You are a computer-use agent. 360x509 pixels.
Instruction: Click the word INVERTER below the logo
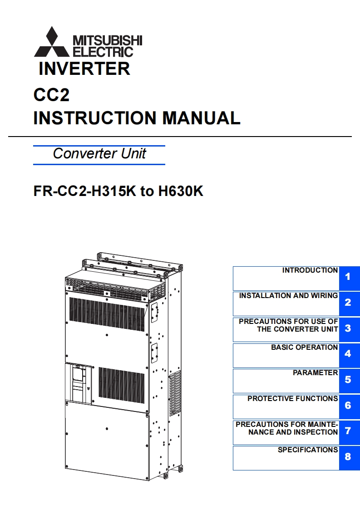84,69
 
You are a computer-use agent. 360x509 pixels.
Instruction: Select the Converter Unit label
99,153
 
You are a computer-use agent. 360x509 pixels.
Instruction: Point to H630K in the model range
180,191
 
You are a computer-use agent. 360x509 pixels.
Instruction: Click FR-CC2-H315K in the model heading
85,191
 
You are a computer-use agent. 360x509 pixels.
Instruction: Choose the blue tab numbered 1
348,277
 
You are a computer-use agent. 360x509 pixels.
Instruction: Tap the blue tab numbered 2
348,303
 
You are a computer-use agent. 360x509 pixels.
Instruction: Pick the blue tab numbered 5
348,380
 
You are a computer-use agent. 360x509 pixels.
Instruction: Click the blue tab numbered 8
348,457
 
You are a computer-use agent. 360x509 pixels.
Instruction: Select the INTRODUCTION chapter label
310,270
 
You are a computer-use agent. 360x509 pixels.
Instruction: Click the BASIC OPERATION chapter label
304,347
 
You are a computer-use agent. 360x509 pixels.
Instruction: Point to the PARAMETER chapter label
315,373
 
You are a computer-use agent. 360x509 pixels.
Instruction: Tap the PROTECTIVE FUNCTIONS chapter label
292,399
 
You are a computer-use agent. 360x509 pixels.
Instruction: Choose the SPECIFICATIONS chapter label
308,450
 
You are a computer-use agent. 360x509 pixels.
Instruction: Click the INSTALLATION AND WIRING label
288,296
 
